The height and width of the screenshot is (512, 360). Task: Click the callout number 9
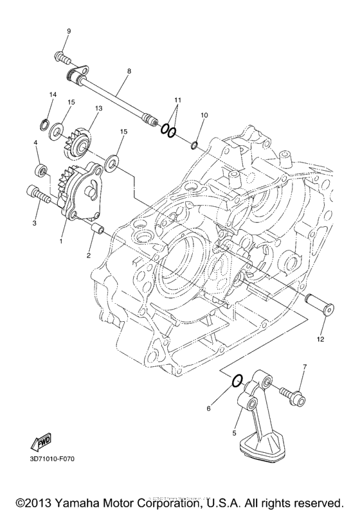[x=68, y=31]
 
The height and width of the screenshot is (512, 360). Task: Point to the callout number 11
[x=178, y=101]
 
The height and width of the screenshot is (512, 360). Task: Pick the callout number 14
[x=53, y=94]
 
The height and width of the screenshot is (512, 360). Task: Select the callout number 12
[x=319, y=338]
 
